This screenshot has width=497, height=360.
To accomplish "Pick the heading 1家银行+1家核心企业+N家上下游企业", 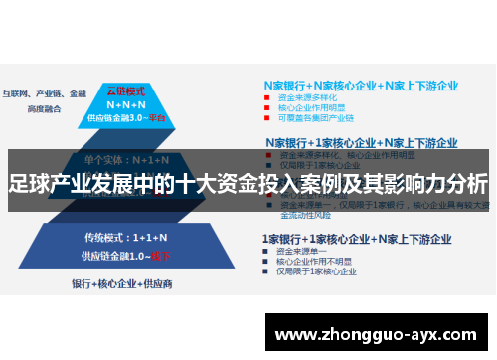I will pyautogui.click(x=356, y=239).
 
